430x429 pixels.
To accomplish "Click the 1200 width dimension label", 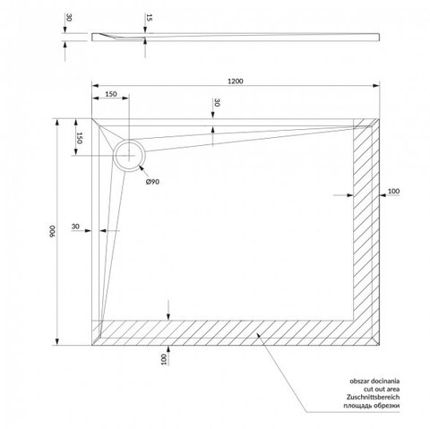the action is pos(236,81).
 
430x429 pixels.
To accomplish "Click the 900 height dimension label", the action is pos(52,231).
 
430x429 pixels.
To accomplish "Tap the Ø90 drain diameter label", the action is pos(152,182).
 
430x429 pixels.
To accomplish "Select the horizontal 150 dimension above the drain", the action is pos(111,94).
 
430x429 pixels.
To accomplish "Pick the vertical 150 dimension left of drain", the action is pos(79,138).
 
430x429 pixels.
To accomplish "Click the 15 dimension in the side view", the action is pos(150,18).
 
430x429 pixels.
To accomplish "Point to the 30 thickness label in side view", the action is pos(69,18).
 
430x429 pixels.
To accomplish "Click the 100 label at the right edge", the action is pos(393,191).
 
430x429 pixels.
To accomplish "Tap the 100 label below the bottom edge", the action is pos(163,359).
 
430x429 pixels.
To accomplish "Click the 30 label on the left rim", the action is pos(75,227).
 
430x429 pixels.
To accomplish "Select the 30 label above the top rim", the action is pos(217,102).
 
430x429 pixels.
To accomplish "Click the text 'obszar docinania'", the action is pos(374,381).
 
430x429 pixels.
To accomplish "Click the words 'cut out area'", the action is pos(382,389).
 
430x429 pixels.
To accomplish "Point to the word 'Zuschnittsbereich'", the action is pos(373,397).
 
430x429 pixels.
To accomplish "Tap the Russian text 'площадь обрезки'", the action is pos(371,406).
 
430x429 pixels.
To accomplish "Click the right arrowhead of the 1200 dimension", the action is pos(376,86).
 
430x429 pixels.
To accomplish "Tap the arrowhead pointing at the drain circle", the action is pos(142,167).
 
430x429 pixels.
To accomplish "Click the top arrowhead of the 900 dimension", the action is pos(57,123).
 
